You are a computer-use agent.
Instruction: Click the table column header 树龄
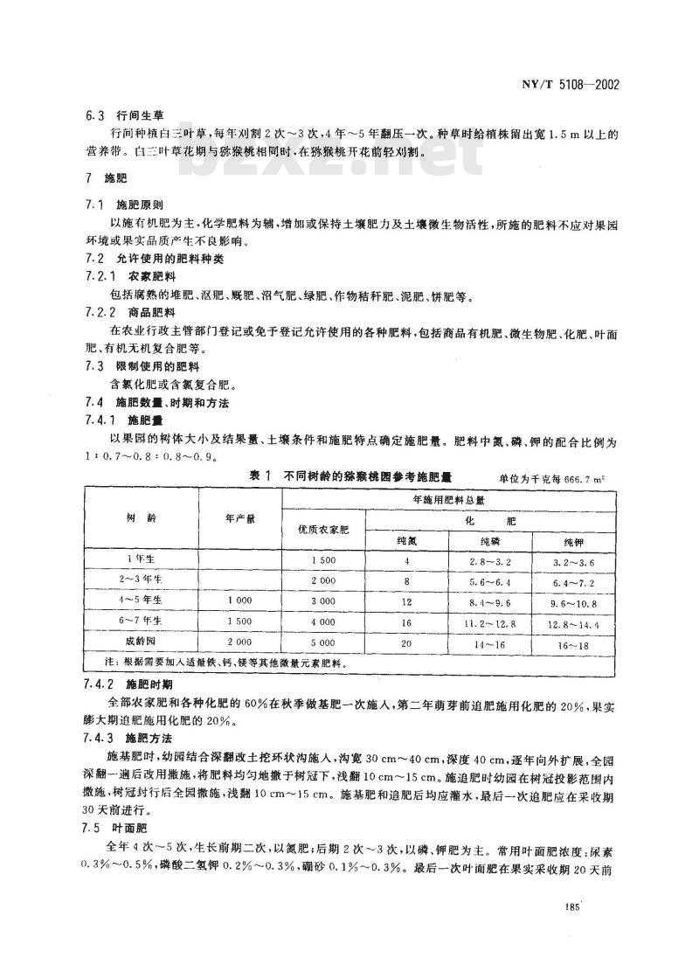(142, 518)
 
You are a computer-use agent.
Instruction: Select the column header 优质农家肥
(323, 529)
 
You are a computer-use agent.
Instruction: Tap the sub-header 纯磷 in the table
(472, 540)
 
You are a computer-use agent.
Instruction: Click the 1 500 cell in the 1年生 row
(322, 559)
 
